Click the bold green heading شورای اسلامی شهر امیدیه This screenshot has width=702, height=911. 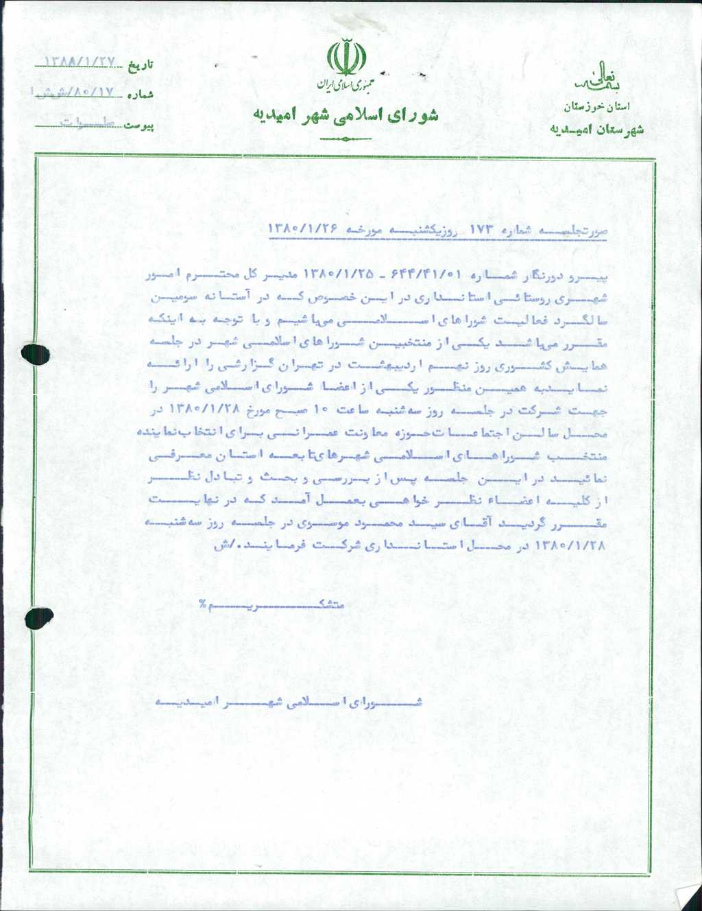tap(346, 115)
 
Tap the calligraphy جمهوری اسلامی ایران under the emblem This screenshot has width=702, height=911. tap(345, 86)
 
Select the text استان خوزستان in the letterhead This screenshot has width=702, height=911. tap(596, 108)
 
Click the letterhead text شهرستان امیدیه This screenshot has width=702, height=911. tap(596, 129)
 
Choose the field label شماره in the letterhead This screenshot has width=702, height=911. tap(140, 95)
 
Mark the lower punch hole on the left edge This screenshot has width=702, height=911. tap(38, 617)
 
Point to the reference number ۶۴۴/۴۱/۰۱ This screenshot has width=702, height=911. tap(422, 276)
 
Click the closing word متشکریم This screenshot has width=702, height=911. tap(274, 605)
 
